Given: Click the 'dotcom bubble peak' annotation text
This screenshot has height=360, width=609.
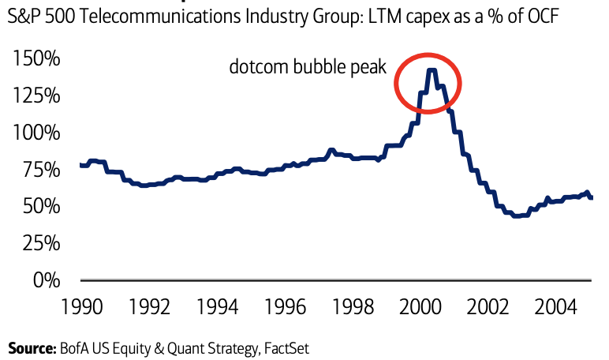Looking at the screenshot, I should (308, 68).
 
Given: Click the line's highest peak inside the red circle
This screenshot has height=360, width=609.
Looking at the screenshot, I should (431, 70).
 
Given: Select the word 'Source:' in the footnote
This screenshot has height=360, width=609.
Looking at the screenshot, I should (30, 347).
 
